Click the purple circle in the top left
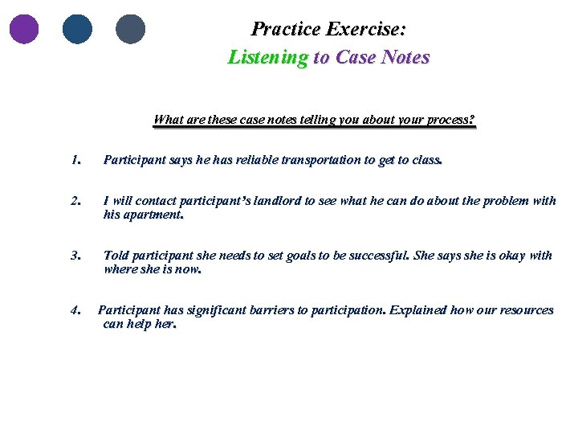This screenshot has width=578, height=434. [24, 29]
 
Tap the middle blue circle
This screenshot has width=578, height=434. [77, 29]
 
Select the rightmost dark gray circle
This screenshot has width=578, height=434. [130, 29]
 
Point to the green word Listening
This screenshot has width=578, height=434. [267, 57]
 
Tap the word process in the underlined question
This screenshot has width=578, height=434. [447, 120]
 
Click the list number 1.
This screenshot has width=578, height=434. [75, 160]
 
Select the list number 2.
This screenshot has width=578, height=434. [75, 201]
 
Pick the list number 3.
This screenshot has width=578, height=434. [75, 256]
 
